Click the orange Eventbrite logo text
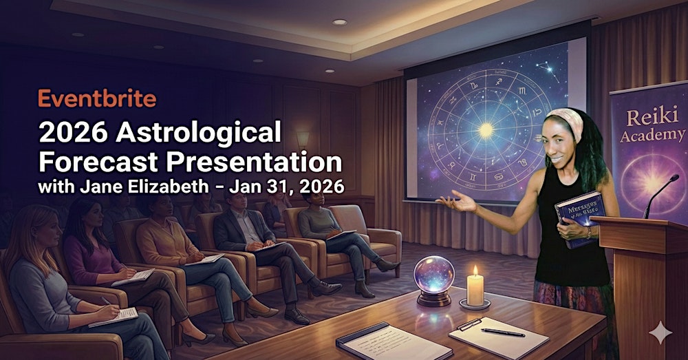(97, 99)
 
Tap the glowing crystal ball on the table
(432, 275)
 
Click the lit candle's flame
(475, 271)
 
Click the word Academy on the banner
(652, 135)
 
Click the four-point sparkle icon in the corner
(660, 333)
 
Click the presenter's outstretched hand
(460, 202)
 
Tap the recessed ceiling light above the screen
(339, 22)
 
